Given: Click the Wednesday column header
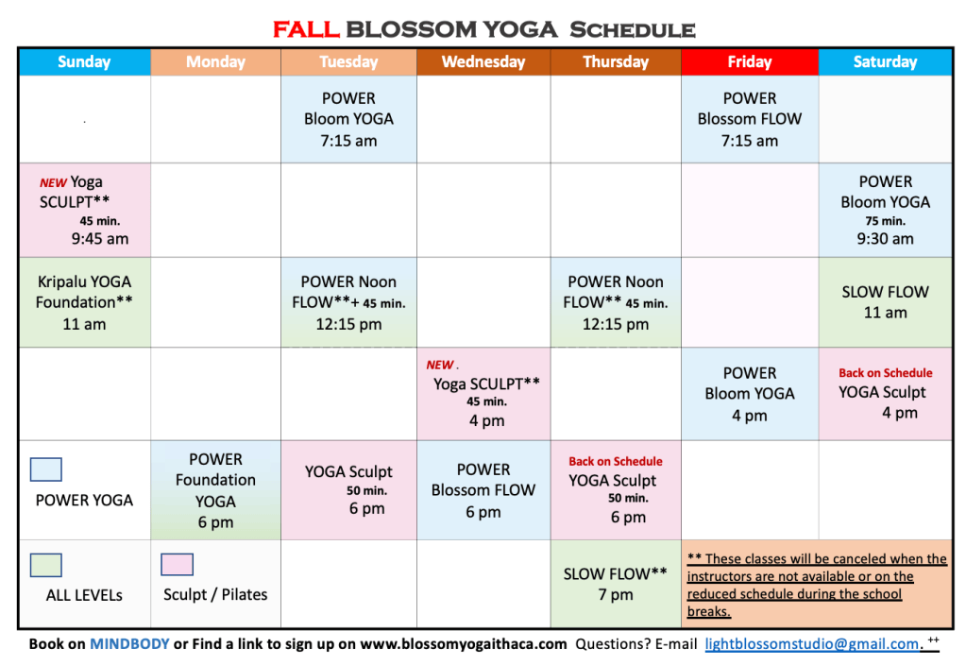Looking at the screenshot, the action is (x=483, y=61).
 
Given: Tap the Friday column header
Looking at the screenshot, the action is (x=750, y=61).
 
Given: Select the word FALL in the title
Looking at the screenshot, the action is (x=306, y=29).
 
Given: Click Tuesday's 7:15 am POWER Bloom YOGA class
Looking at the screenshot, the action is (x=348, y=119).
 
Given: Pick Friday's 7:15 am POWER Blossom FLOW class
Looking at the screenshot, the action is (x=750, y=119).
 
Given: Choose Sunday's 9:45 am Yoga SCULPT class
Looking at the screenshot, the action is (x=84, y=210).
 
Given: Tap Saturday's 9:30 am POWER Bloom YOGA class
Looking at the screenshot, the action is (x=886, y=210).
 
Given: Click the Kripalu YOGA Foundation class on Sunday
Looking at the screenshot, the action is (x=84, y=302).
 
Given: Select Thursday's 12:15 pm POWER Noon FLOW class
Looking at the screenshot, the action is (x=616, y=302).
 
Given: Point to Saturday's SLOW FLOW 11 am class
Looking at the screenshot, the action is (x=886, y=302).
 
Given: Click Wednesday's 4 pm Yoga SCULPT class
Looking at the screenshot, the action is (x=483, y=394).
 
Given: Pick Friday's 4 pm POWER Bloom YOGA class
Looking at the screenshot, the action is (x=750, y=394).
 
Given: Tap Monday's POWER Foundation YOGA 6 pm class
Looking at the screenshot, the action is (x=215, y=490).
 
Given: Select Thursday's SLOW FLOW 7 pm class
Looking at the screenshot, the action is (x=616, y=584).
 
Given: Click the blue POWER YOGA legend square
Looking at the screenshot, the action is (x=46, y=469).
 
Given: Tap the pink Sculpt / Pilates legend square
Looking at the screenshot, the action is (x=177, y=565).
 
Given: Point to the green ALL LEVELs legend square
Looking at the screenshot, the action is (x=46, y=565).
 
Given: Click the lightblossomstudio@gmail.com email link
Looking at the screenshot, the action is (x=812, y=644).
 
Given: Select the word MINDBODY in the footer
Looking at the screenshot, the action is (x=129, y=644).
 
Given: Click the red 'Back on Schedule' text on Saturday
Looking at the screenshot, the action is (x=886, y=373).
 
